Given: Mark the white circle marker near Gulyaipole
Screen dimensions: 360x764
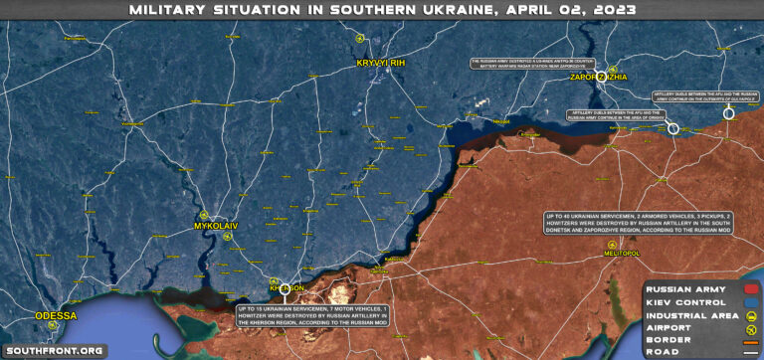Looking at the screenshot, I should pyautogui.click(x=728, y=113).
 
